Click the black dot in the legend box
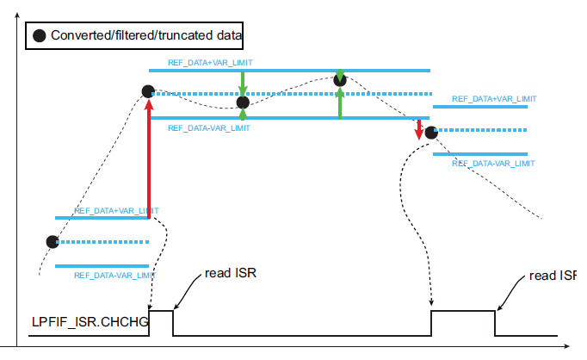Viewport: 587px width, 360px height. pyautogui.click(x=39, y=37)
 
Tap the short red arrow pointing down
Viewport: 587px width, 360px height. pyautogui.click(x=419, y=129)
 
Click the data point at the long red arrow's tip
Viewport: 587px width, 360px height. pyautogui.click(x=148, y=90)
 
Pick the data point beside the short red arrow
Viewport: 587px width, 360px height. pyautogui.click(x=431, y=132)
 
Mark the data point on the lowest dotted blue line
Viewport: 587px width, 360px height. pyautogui.click(x=53, y=241)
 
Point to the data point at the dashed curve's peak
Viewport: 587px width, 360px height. pyautogui.click(x=340, y=80)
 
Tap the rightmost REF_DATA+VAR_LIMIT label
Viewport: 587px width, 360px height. pyautogui.click(x=493, y=99)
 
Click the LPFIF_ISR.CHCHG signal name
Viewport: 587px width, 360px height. pyautogui.click(x=89, y=322)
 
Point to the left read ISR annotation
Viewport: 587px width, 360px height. pyautogui.click(x=231, y=274)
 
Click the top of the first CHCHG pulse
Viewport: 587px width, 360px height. pyautogui.click(x=161, y=311)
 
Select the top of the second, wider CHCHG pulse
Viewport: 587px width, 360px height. pyautogui.click(x=463, y=311)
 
